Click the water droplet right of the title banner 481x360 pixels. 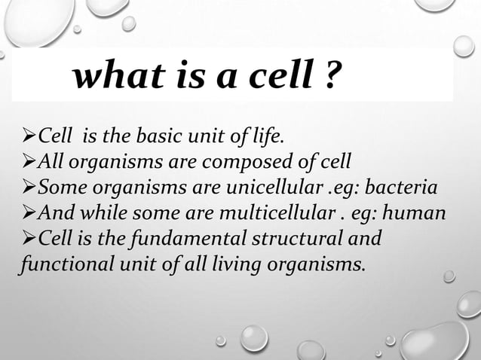[x=464, y=46]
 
